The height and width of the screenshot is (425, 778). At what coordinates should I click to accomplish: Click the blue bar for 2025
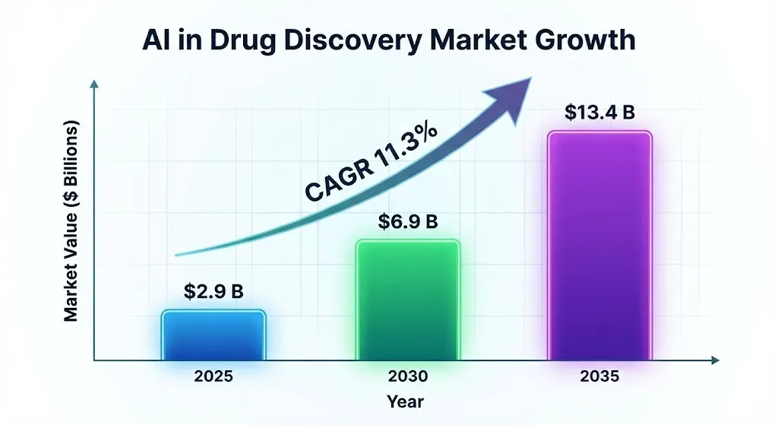(213, 335)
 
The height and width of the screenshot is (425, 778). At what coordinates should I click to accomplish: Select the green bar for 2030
(407, 300)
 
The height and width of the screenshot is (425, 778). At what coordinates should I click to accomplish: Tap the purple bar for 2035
(600, 246)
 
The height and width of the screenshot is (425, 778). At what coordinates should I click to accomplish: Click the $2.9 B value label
(213, 291)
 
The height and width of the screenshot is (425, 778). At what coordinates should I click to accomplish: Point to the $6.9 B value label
(408, 222)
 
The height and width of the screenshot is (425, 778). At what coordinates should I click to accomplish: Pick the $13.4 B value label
(599, 112)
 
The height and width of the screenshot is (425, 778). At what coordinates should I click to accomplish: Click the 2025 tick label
(213, 376)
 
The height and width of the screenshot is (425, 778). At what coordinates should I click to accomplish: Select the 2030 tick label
(407, 376)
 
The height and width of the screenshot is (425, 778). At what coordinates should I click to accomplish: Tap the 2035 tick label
(600, 376)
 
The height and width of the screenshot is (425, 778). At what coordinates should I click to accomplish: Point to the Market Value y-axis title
(71, 220)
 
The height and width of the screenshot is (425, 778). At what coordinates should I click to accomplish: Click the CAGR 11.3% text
(372, 163)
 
